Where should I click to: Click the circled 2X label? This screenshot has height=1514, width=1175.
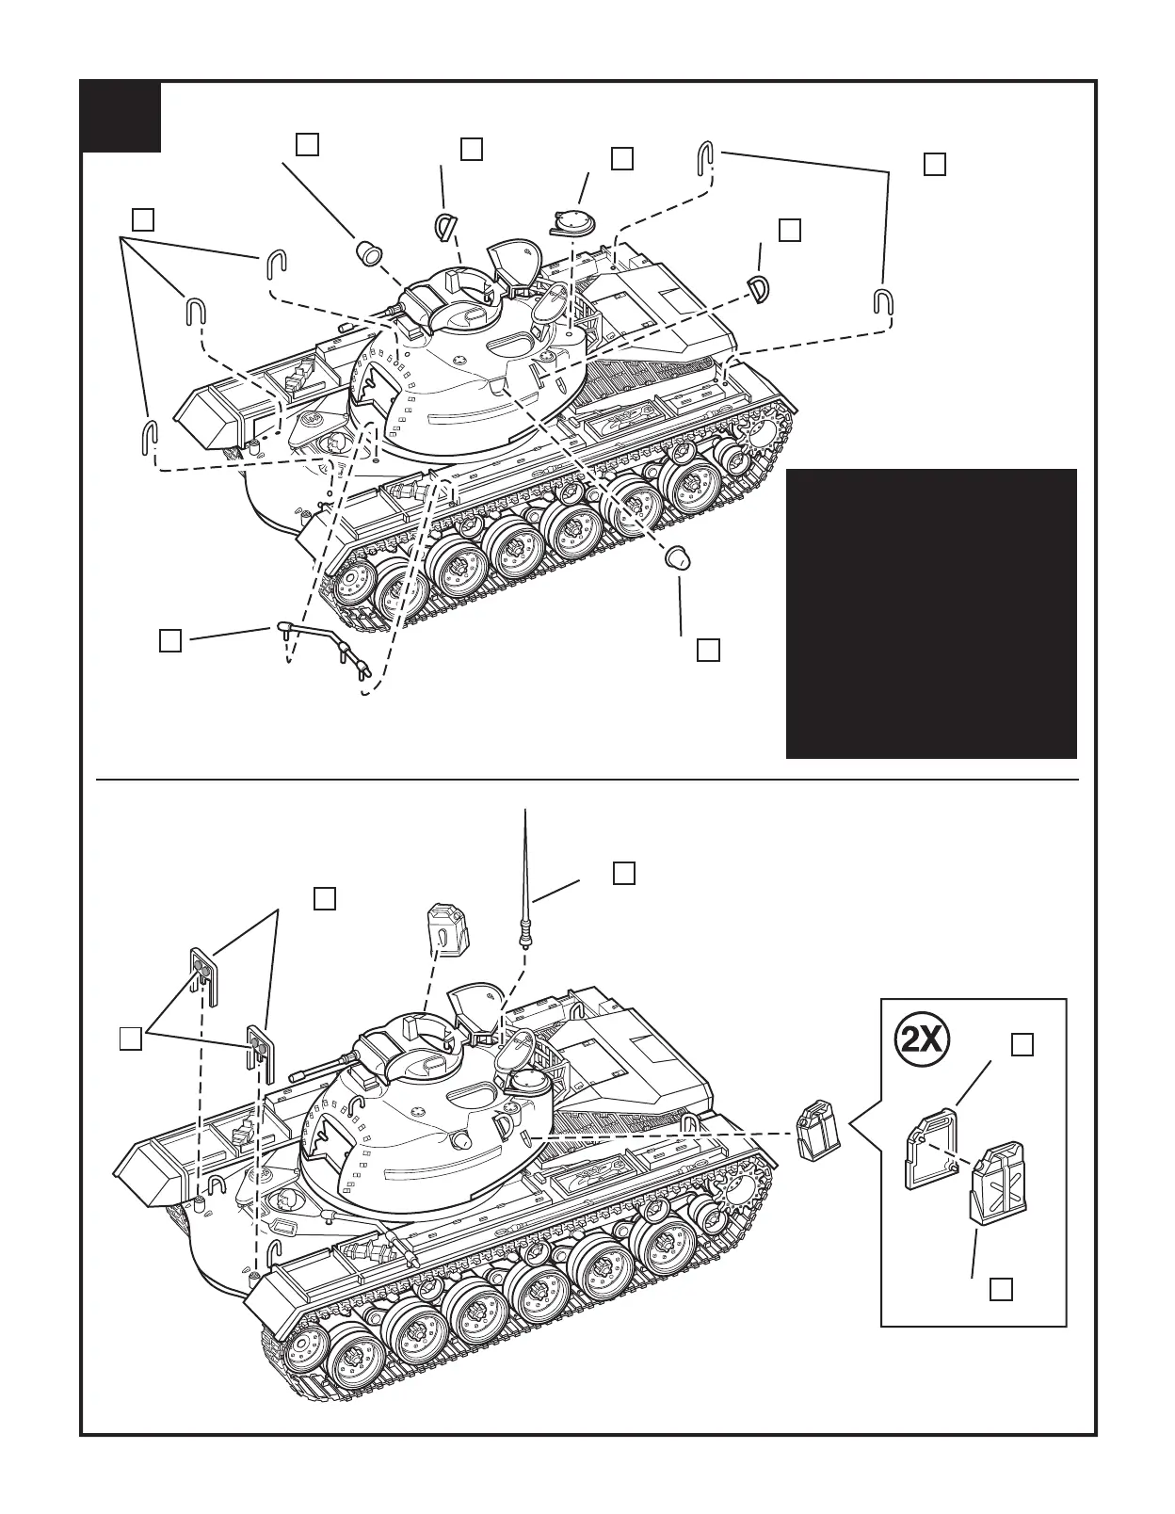[x=922, y=1039]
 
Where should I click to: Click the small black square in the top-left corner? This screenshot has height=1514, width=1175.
[x=121, y=117]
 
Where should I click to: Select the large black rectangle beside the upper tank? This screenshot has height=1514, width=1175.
[x=931, y=613]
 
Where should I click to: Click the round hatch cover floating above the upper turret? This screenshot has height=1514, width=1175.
[x=574, y=222]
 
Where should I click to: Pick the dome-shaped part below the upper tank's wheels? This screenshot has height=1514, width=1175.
[x=675, y=557]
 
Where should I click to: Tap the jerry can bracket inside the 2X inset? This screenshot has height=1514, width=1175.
[x=931, y=1150]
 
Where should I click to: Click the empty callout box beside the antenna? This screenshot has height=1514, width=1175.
[x=623, y=872]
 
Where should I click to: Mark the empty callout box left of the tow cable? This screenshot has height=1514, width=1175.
[x=169, y=639]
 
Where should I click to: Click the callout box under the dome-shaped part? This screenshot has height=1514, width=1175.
[x=708, y=649]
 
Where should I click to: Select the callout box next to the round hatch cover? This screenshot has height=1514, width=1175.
[x=621, y=158]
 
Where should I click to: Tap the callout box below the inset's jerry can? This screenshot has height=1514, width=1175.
[x=1001, y=1289]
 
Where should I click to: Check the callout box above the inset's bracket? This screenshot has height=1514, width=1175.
[x=1022, y=1044]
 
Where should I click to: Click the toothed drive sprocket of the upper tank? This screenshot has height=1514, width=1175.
[x=760, y=432]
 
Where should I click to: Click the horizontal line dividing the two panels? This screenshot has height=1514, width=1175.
[x=587, y=780]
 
